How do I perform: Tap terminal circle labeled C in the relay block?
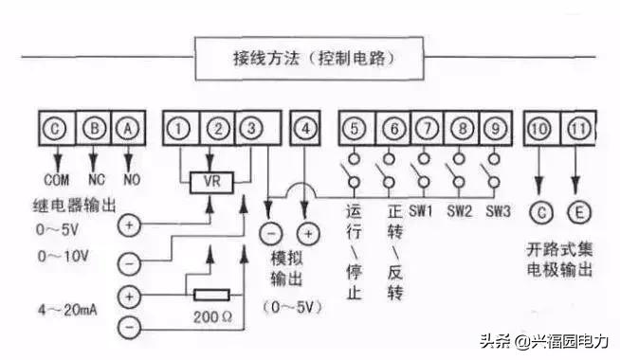click(58, 127)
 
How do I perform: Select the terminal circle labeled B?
click(94, 127)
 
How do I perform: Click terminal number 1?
click(184, 127)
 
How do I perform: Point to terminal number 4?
click(305, 127)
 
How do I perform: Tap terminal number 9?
click(494, 127)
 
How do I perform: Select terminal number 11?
click(578, 127)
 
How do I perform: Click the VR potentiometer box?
click(219, 181)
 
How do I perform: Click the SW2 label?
click(459, 210)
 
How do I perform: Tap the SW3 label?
click(500, 210)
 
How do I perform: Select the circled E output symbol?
click(578, 210)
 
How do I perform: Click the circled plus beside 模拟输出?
click(306, 232)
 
